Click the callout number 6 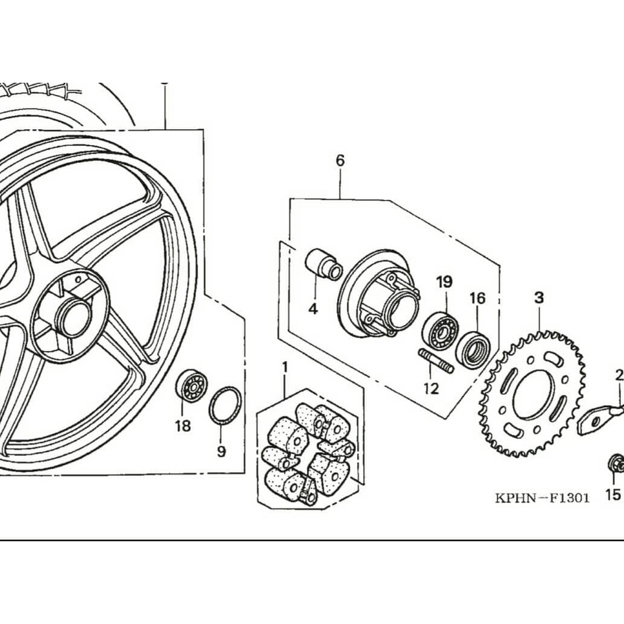pyautogui.click(x=340, y=161)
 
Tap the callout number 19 pyautogui.click(x=444, y=282)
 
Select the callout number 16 pyautogui.click(x=478, y=298)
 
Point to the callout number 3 pyautogui.click(x=539, y=297)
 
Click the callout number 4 pyautogui.click(x=313, y=308)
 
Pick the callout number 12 pyautogui.click(x=431, y=388)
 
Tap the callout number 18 pyautogui.click(x=183, y=426)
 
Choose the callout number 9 pyautogui.click(x=221, y=452)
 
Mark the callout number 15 pyautogui.click(x=613, y=494)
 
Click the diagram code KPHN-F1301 pyautogui.click(x=542, y=498)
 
